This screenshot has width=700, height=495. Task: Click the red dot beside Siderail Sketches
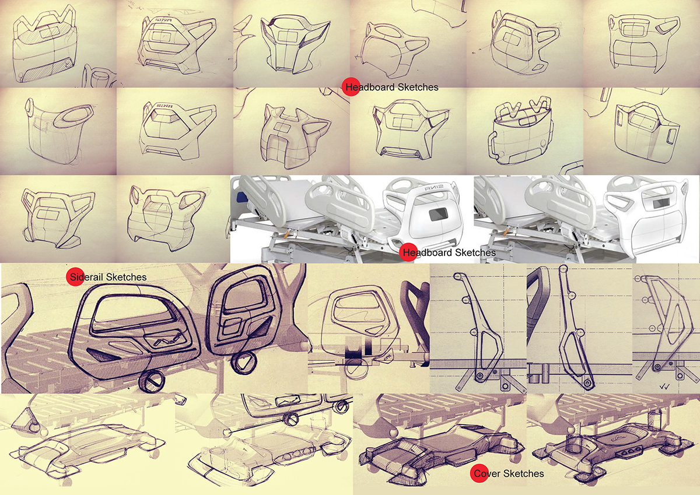(x=75, y=277)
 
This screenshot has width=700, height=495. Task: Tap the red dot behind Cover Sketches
(x=479, y=473)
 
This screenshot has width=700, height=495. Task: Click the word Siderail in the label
(x=86, y=277)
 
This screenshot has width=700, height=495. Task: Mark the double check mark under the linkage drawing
(x=664, y=387)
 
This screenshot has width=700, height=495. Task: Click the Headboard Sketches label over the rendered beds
(x=449, y=252)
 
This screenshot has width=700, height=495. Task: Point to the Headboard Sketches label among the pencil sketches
(x=392, y=87)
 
